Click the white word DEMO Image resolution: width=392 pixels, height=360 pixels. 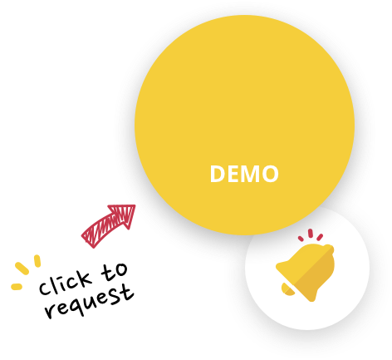click(x=244, y=174)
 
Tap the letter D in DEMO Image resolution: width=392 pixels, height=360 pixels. click(x=218, y=174)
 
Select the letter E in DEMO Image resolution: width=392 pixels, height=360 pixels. click(x=233, y=174)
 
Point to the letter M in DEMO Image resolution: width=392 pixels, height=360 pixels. click(x=250, y=174)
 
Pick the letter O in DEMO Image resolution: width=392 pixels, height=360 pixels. click(x=270, y=174)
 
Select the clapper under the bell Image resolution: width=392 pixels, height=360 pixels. click(x=288, y=289)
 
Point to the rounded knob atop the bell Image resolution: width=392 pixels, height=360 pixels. click(x=329, y=249)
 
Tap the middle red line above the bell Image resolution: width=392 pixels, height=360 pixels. click(x=311, y=233)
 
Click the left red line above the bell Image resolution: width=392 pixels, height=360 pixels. click(x=301, y=239)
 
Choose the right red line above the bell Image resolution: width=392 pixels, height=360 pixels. click(x=320, y=237)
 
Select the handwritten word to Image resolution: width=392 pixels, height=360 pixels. click(x=114, y=272)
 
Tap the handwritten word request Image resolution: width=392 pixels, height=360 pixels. click(x=90, y=302)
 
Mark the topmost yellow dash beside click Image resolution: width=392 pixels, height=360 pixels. click(x=37, y=261)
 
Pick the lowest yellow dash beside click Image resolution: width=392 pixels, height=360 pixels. click(x=17, y=287)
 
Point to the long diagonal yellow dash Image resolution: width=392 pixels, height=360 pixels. click(x=22, y=269)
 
